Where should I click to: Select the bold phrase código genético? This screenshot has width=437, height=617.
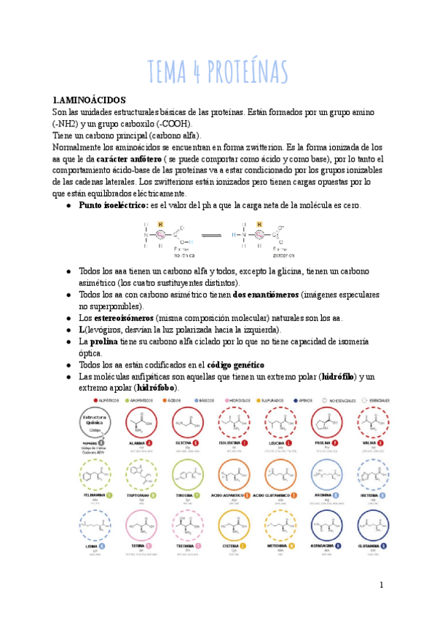point(235,364)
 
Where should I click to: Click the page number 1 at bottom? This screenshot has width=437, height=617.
point(381,585)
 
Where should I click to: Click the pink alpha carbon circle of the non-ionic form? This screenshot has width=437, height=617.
point(160,234)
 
